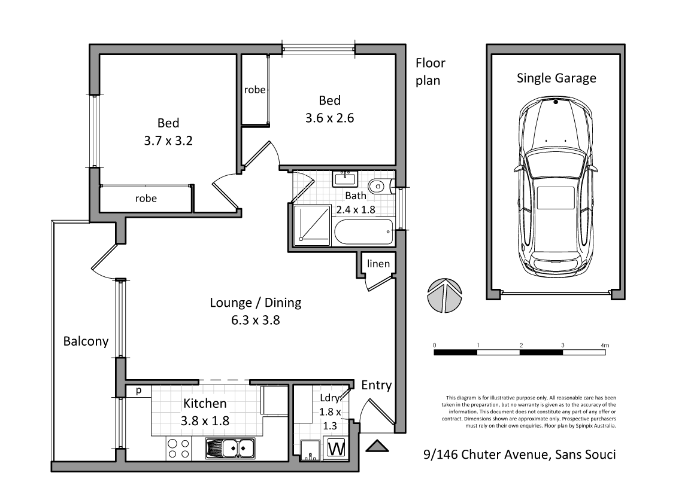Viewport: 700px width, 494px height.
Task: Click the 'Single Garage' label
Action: [556, 78]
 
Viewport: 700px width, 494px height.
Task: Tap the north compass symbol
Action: [445, 295]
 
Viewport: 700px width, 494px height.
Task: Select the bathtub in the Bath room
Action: [363, 232]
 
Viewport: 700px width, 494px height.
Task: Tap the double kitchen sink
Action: [230, 448]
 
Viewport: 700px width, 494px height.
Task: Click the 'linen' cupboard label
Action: [378, 264]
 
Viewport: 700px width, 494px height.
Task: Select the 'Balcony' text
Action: [86, 341]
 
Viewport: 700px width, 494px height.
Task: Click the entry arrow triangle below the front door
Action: [377, 447]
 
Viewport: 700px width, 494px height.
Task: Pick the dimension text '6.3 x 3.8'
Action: [255, 320]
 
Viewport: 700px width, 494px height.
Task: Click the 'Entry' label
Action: [377, 385]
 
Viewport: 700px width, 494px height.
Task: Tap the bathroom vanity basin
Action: [344, 178]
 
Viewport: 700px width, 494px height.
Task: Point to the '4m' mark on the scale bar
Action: [605, 346]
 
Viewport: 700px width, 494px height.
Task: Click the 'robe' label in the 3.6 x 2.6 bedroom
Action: [254, 90]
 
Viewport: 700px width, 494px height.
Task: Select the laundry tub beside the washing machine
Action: [310, 450]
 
